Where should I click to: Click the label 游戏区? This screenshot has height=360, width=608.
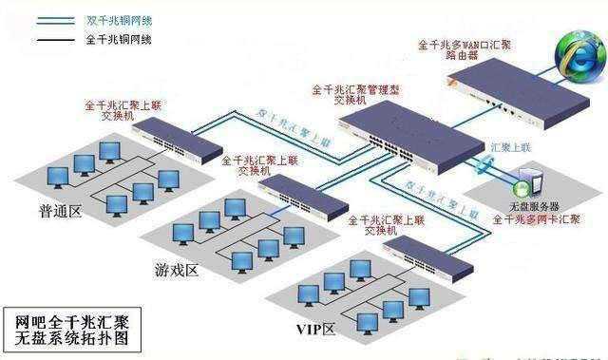(x=176, y=272)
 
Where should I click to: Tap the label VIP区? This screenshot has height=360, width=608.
(x=316, y=330)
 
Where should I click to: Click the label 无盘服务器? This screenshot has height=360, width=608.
(x=534, y=205)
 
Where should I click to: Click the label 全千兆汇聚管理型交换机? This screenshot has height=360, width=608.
(x=357, y=95)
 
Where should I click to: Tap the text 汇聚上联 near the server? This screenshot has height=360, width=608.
(x=510, y=149)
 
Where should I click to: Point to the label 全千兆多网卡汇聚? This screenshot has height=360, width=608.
(x=536, y=219)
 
